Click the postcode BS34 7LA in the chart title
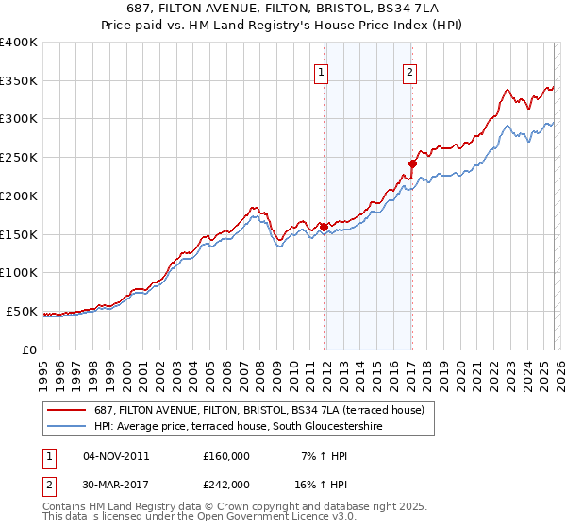click(408, 9)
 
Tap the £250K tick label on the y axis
click(19, 157)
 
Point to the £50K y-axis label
click(22, 311)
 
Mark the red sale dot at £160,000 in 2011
click(324, 227)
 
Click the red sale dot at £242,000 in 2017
click(412, 163)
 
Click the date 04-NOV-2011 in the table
click(116, 456)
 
